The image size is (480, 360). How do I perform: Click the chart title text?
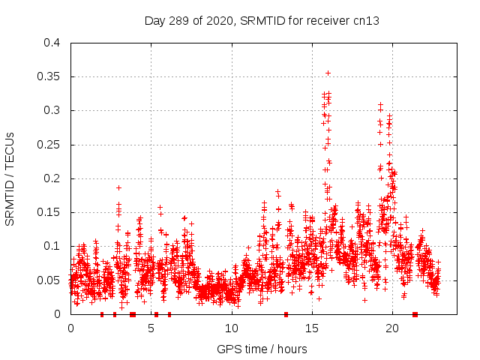[x=262, y=21]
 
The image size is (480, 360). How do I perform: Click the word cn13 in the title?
[x=367, y=21]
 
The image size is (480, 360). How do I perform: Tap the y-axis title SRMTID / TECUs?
[x=10, y=178]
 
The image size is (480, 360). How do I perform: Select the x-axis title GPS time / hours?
[x=262, y=349]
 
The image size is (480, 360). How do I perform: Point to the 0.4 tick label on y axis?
[x=52, y=43]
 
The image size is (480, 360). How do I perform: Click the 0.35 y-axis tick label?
[x=49, y=76]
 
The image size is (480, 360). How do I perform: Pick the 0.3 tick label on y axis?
[x=52, y=110]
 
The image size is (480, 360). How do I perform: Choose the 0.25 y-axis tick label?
[x=49, y=145]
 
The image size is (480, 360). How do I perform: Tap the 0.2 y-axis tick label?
[x=52, y=178]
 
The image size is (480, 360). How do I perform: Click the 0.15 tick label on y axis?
[x=49, y=212]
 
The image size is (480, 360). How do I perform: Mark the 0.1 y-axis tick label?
[x=52, y=246]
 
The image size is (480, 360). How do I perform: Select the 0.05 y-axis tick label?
[x=49, y=280]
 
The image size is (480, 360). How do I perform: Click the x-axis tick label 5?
[x=151, y=328]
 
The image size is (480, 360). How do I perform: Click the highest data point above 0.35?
[x=328, y=73]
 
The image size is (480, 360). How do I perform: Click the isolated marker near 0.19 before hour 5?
[x=118, y=187]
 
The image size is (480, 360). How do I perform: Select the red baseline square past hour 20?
[x=415, y=314]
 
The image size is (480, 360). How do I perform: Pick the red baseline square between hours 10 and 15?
[x=286, y=314]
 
